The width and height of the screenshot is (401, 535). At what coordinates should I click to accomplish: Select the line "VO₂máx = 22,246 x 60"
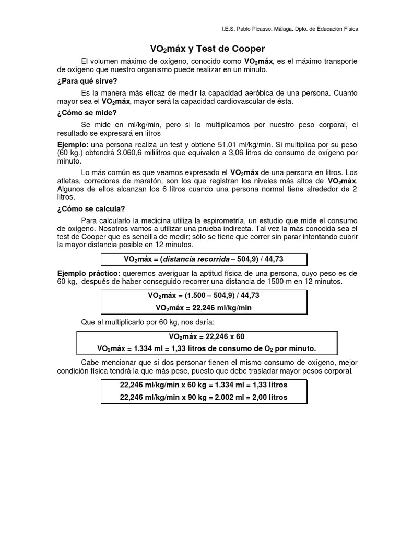click(x=207, y=336)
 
